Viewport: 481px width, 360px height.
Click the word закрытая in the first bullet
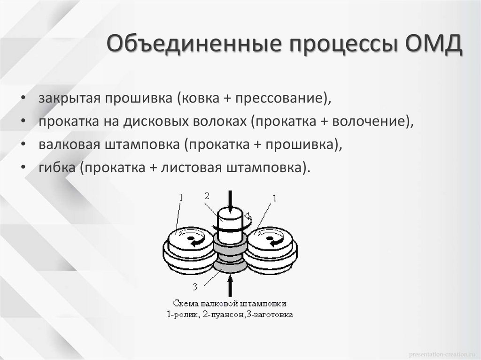click(x=69, y=100)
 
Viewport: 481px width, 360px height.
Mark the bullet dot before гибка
click(x=23, y=168)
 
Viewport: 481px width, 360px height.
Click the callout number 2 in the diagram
click(x=207, y=196)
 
